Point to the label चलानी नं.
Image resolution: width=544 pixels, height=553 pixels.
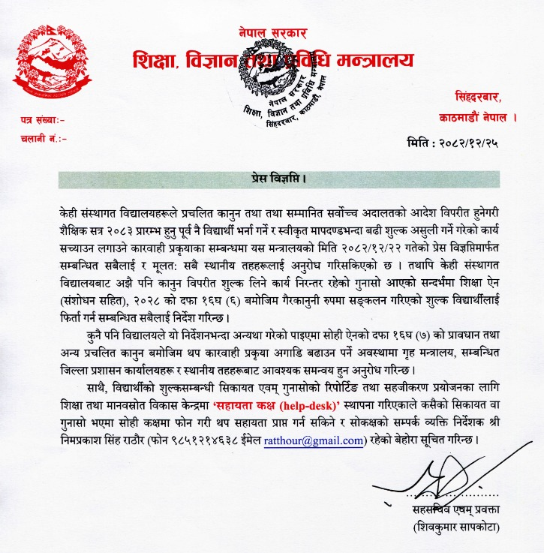(x=44, y=139)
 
